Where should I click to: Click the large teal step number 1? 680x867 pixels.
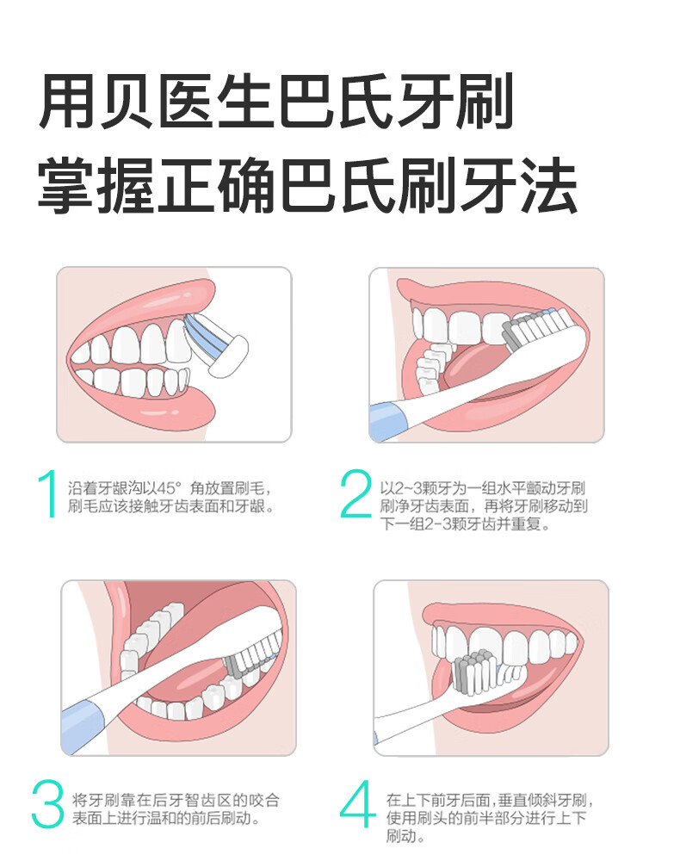pos(48,496)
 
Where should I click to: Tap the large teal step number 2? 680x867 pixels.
pos(356,496)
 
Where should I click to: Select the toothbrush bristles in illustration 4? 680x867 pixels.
pos(471,672)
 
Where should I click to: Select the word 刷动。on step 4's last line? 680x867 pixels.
pos(407,836)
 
